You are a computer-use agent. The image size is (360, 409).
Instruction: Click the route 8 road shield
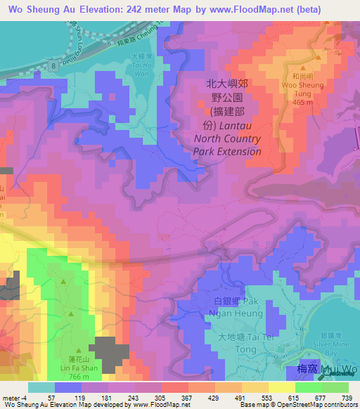pyautogui.click(x=53, y=65)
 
